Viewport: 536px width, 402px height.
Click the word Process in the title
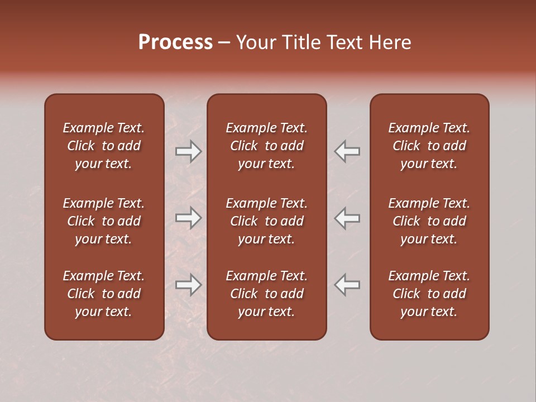[x=175, y=42]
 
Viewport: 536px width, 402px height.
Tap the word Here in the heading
[x=390, y=42]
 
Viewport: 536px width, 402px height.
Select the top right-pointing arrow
[x=189, y=151]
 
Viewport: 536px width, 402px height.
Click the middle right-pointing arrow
[x=189, y=218]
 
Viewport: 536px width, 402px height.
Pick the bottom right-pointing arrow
[x=189, y=285]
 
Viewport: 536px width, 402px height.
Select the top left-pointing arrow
[x=347, y=151]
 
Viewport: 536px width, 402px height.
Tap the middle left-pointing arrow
[x=347, y=218]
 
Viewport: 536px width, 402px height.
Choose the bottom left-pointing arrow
[x=347, y=285]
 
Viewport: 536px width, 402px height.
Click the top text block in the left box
[x=104, y=146]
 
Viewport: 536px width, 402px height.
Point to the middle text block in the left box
[x=104, y=221]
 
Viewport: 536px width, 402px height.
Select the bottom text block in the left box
[x=104, y=294]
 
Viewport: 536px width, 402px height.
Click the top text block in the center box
[x=266, y=146]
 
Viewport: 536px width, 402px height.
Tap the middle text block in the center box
[x=266, y=221]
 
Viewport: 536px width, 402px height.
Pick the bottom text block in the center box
[x=266, y=294]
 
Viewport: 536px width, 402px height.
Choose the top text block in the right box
[x=429, y=146]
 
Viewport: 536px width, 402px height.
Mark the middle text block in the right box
[x=429, y=221]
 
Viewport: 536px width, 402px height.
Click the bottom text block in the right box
[x=429, y=294]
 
